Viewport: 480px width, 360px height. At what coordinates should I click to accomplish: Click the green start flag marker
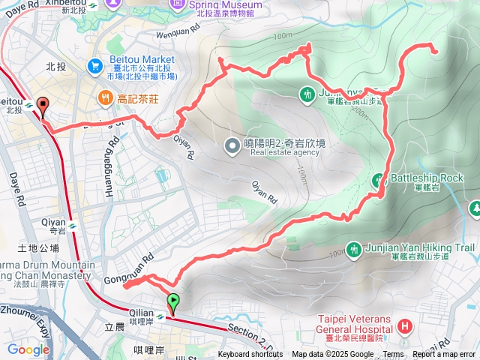coord(173,301)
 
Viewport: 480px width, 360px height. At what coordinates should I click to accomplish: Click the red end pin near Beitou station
coord(43,107)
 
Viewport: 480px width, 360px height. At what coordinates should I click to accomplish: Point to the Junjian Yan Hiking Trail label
coord(420,247)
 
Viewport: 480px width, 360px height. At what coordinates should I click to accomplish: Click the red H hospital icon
coord(405,326)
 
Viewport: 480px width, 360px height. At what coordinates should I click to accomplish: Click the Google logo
coord(28,349)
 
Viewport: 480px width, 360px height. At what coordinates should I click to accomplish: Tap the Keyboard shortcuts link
coord(250,355)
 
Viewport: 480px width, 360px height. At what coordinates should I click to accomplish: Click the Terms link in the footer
coord(393,355)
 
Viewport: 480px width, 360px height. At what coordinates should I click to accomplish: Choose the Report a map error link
coord(444,355)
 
